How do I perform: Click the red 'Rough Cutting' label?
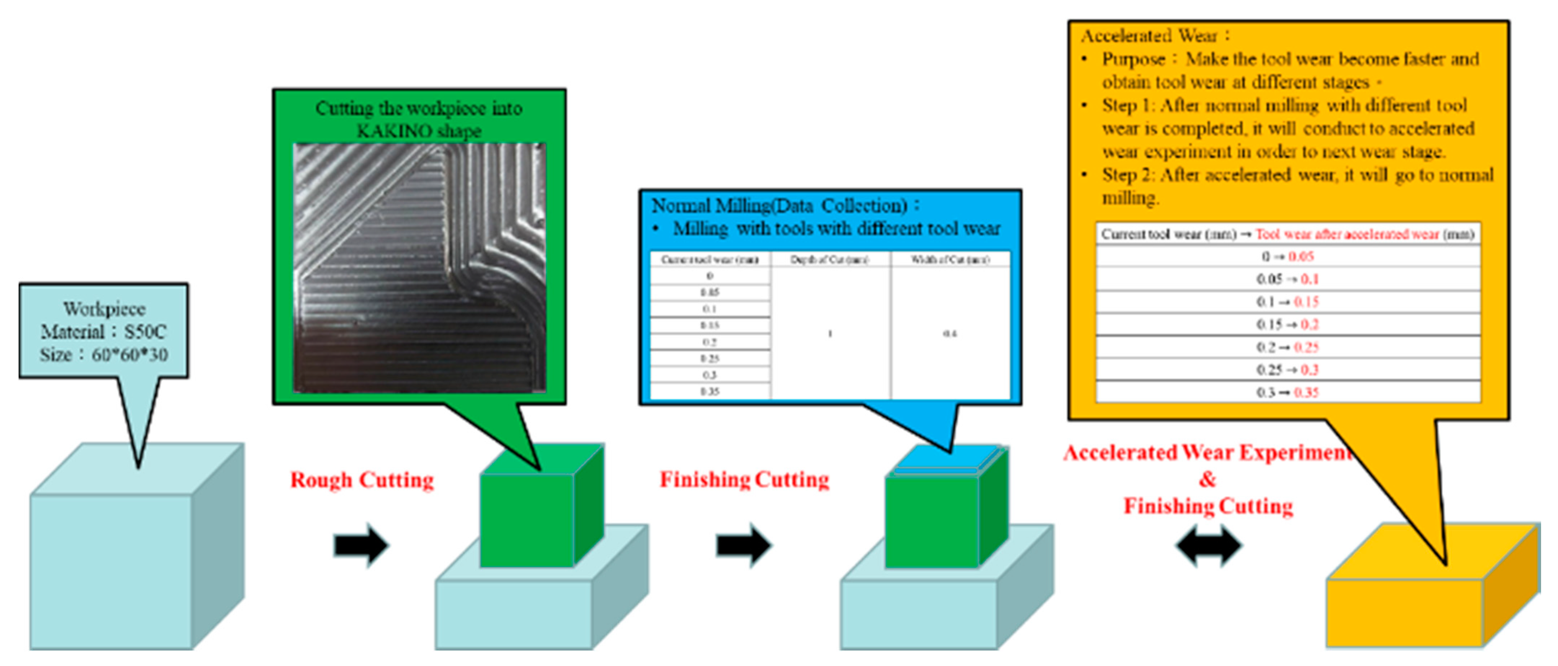click(x=362, y=481)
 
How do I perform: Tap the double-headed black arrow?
click(x=1208, y=545)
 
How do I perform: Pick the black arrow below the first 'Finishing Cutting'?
click(x=743, y=545)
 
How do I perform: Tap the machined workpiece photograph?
click(x=419, y=268)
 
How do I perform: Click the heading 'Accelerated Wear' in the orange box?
click(x=1149, y=36)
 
